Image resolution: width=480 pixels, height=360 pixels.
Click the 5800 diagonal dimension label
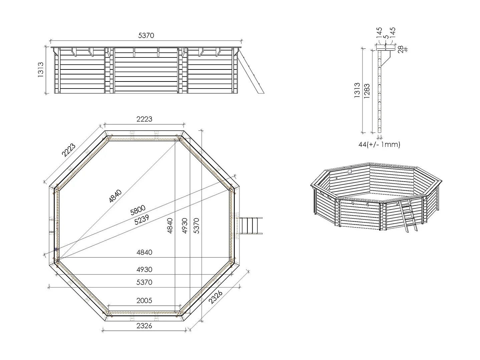coord(138,210)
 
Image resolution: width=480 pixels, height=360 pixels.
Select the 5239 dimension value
coord(142,220)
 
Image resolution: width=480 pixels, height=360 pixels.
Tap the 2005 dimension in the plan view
coord(144,301)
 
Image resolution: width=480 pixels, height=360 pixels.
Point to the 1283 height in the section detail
coord(367,91)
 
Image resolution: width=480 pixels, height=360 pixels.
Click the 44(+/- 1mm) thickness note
coord(379,144)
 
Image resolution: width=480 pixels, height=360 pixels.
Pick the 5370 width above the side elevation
coord(146,35)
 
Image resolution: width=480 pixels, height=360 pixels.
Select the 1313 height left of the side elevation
coord(40,70)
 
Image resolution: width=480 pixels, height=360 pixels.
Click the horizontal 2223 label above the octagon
coord(144,119)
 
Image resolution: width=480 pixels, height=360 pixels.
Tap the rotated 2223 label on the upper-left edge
coord(68,150)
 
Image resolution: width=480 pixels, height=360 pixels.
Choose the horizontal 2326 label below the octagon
coord(144,326)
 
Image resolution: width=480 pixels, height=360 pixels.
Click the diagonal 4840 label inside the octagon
coord(115,196)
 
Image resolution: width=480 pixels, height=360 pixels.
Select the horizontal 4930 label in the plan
coord(144,269)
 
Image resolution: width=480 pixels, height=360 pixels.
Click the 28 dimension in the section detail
coord(401,49)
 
